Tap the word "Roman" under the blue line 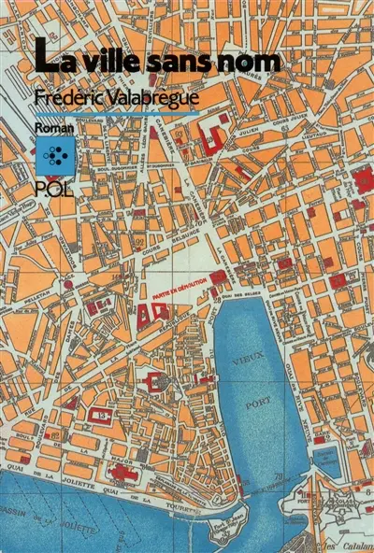(x=51, y=127)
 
